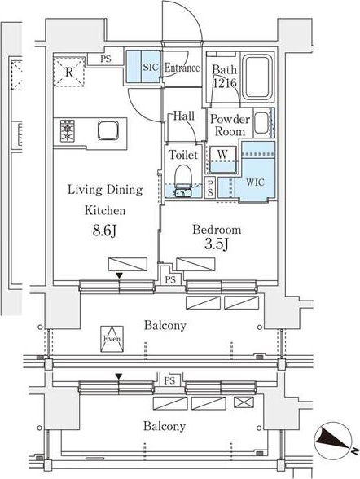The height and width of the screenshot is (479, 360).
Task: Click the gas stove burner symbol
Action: click(x=68, y=130)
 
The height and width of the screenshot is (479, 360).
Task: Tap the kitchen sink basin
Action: click(x=108, y=130)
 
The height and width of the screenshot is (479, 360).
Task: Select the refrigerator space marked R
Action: click(x=69, y=72)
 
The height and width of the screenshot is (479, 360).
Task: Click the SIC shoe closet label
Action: click(x=151, y=67)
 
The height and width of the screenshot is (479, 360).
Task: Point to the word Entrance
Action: click(x=182, y=68)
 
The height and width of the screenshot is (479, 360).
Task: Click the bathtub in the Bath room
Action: click(x=257, y=77)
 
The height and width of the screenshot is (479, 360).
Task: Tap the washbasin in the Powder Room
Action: click(x=261, y=123)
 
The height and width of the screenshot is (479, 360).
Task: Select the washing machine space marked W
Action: click(x=222, y=160)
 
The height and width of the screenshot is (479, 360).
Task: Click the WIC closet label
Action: click(x=255, y=182)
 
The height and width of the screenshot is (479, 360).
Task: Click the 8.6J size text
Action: click(x=105, y=231)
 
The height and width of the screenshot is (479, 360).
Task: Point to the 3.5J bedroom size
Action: click(x=217, y=244)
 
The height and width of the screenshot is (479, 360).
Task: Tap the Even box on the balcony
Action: click(x=112, y=339)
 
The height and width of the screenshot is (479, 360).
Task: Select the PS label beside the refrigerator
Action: click(x=106, y=59)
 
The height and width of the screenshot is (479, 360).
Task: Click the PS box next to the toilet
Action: click(x=210, y=188)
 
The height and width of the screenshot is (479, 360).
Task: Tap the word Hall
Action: click(x=184, y=116)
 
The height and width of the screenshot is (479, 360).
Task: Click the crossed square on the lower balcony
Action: click(x=244, y=402)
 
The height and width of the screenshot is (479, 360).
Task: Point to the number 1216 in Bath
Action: click(x=225, y=83)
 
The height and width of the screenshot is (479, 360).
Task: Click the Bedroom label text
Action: click(x=217, y=230)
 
